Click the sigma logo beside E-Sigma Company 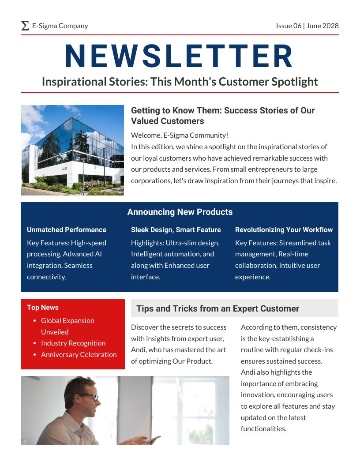coord(25,26)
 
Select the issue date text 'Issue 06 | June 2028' coord(307,26)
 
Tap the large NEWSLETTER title coord(179,56)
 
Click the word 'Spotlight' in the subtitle coord(295,82)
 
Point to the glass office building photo coord(72,150)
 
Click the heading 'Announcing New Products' coord(180,212)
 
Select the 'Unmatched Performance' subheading coord(67,229)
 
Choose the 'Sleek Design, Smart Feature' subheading coord(176,229)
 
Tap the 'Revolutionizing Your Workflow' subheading coord(284,229)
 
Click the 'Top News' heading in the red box coord(43,308)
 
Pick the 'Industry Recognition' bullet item coord(73,343)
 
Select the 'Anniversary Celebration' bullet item coord(79,354)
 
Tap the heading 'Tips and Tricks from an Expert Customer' coord(217,308)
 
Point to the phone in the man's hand coord(153,439)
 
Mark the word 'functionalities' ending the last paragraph coord(263,428)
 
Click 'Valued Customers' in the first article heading coord(168,121)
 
